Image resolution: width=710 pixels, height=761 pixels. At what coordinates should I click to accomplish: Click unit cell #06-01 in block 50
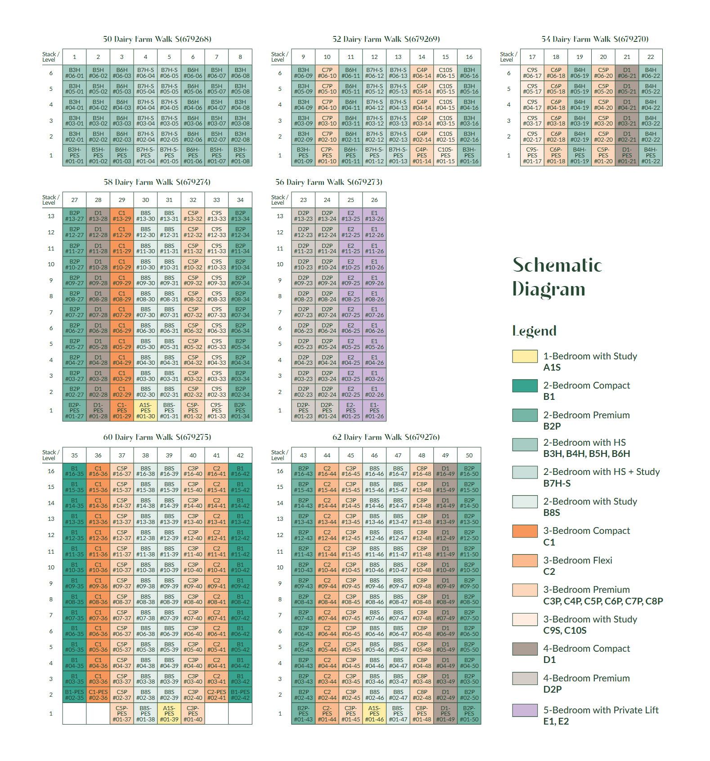click(74, 73)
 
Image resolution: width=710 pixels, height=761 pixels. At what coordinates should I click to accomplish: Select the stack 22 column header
click(651, 57)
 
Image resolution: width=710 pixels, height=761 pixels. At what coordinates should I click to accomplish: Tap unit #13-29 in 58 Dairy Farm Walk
click(122, 216)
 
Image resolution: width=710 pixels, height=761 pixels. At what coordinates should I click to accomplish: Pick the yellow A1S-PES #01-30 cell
click(145, 410)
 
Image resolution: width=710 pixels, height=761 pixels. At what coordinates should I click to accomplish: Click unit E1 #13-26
click(374, 216)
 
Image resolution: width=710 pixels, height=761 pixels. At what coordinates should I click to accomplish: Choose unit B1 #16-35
click(74, 471)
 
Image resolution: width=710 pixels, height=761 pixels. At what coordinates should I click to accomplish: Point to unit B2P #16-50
click(469, 471)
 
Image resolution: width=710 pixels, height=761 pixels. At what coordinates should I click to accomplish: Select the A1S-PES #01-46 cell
click(374, 713)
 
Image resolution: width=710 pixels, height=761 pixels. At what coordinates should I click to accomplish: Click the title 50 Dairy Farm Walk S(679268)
click(157, 39)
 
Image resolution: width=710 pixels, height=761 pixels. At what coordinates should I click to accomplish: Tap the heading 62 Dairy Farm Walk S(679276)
click(386, 437)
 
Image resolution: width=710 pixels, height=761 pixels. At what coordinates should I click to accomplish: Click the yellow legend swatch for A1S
click(525, 356)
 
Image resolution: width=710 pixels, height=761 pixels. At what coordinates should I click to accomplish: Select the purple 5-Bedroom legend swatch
click(525, 710)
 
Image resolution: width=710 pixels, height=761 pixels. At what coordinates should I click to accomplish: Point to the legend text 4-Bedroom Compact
click(586, 649)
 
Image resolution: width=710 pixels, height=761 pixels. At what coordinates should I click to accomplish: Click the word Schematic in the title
click(557, 265)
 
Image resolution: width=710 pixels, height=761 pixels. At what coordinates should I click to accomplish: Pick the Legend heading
click(534, 331)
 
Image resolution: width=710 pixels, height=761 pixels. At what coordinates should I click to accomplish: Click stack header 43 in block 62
click(303, 455)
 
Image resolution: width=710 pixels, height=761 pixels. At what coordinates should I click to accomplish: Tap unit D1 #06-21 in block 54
click(627, 73)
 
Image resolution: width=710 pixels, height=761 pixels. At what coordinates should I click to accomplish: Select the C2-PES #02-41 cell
click(216, 695)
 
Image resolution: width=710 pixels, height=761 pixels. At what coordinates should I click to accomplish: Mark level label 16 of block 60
click(51, 471)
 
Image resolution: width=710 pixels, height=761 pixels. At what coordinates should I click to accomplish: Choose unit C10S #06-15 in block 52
click(445, 73)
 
